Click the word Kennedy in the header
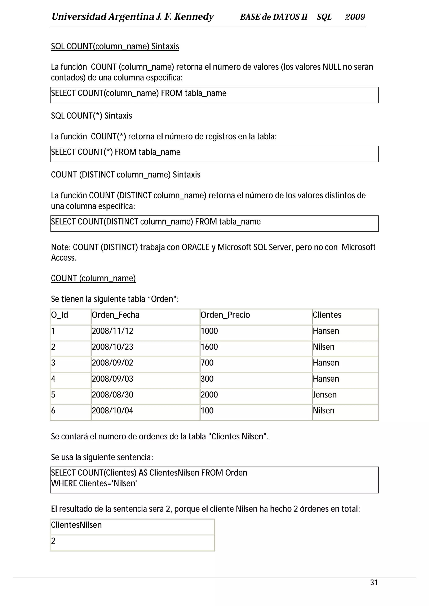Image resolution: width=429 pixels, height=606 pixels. click(x=194, y=17)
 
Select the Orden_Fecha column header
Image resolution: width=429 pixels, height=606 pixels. click(x=115, y=315)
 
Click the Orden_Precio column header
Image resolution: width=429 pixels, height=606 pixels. click(x=225, y=315)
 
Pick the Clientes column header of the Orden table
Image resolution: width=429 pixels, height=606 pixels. click(x=327, y=315)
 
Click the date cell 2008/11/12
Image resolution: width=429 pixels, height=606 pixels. click(x=112, y=331)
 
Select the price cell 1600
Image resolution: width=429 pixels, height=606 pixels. click(x=209, y=347)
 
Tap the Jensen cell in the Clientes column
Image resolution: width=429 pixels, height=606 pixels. click(x=325, y=395)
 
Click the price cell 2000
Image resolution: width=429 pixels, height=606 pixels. click(x=209, y=395)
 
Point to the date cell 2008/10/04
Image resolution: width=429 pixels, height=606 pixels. click(x=112, y=410)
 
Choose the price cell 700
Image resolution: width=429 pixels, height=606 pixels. click(x=207, y=363)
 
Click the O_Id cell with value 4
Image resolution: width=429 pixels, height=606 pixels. click(x=53, y=379)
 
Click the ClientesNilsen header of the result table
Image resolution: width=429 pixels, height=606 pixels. click(x=76, y=525)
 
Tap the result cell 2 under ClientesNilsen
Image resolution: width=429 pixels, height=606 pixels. click(x=53, y=541)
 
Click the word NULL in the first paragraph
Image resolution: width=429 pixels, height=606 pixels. click(x=331, y=67)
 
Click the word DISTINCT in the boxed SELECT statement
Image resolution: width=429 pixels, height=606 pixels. click(x=122, y=222)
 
